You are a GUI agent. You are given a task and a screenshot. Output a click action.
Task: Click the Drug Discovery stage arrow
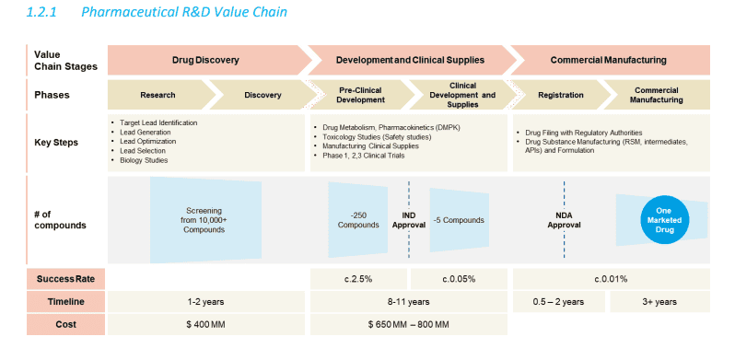(206, 60)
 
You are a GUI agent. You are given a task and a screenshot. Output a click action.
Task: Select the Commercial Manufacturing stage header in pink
(609, 60)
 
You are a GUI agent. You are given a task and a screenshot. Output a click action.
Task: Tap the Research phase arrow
(158, 95)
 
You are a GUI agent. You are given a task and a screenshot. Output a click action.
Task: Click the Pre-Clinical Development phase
(360, 95)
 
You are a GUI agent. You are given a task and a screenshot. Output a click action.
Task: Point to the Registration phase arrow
(561, 95)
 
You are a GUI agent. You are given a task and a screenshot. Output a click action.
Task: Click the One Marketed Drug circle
(665, 220)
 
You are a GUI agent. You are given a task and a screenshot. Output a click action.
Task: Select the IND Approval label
(409, 220)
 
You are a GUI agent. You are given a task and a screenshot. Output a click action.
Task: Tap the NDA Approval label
(564, 220)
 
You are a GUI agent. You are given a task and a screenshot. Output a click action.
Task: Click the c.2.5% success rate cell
(358, 279)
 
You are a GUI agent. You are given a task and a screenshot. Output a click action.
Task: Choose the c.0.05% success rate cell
(459, 279)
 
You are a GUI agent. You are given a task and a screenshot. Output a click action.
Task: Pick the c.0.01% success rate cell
(612, 279)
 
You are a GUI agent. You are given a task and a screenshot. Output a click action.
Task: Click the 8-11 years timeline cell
(409, 302)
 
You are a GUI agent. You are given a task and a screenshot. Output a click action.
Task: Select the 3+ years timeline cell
(660, 302)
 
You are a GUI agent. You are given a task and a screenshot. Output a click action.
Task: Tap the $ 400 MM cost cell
(205, 324)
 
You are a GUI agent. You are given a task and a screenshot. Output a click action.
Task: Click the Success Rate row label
(66, 279)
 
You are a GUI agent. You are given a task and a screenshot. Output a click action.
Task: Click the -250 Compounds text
(358, 220)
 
